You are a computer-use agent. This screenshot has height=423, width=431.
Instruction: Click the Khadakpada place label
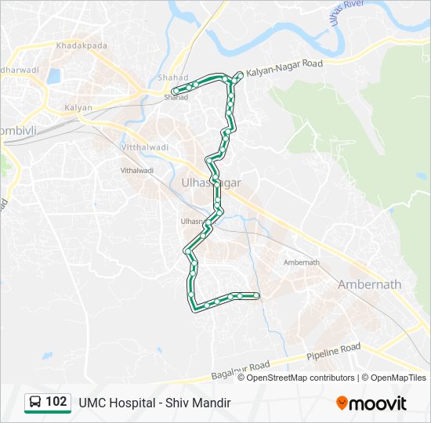click(x=81, y=46)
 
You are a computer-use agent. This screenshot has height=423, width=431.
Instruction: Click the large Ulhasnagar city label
click(x=211, y=183)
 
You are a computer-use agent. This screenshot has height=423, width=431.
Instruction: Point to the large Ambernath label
click(x=369, y=284)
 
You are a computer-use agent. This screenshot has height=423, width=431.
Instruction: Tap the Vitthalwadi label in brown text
click(x=146, y=147)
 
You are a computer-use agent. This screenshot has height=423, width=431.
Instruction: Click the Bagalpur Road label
click(x=241, y=371)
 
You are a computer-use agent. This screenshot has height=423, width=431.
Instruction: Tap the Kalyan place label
click(x=78, y=107)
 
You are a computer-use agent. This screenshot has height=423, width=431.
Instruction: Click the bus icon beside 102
click(x=35, y=403)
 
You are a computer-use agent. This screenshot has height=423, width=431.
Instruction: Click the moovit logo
click(x=371, y=403)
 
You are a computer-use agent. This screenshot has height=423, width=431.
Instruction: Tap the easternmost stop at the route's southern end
click(x=256, y=295)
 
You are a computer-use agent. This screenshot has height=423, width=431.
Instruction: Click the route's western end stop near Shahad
click(x=173, y=92)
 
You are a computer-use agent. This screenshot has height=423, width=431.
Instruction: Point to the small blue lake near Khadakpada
click(x=54, y=77)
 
